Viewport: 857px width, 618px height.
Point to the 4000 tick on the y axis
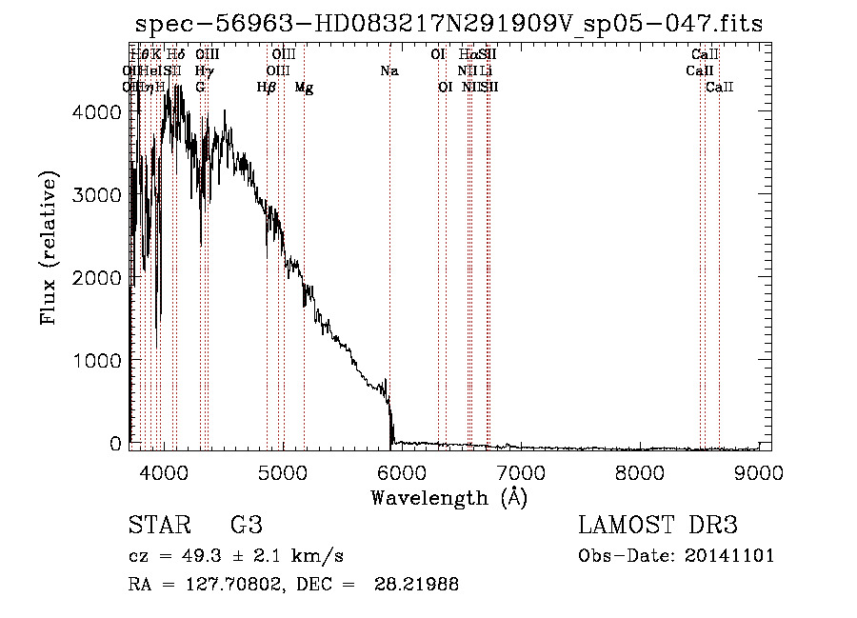coord(98,112)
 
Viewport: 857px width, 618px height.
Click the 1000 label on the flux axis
coord(98,361)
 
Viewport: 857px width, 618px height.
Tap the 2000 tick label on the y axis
coord(98,278)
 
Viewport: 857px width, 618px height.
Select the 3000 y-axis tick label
coord(98,195)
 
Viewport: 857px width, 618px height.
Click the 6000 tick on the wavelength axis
coord(401,472)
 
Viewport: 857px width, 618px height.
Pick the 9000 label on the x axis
coord(759,472)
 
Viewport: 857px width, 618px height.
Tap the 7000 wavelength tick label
coord(520,472)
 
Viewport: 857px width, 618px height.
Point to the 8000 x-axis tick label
coord(640,472)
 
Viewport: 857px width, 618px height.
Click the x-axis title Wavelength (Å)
coord(448,497)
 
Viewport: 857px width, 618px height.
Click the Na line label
coord(389,70)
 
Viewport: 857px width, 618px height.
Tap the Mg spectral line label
coord(304,88)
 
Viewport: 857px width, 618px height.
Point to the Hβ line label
coord(267,88)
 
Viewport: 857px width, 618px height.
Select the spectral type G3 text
coord(246,526)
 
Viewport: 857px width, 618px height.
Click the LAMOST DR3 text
coord(658,526)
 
